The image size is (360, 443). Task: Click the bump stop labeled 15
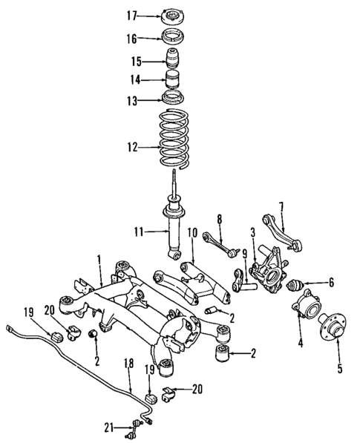pos(176,60)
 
